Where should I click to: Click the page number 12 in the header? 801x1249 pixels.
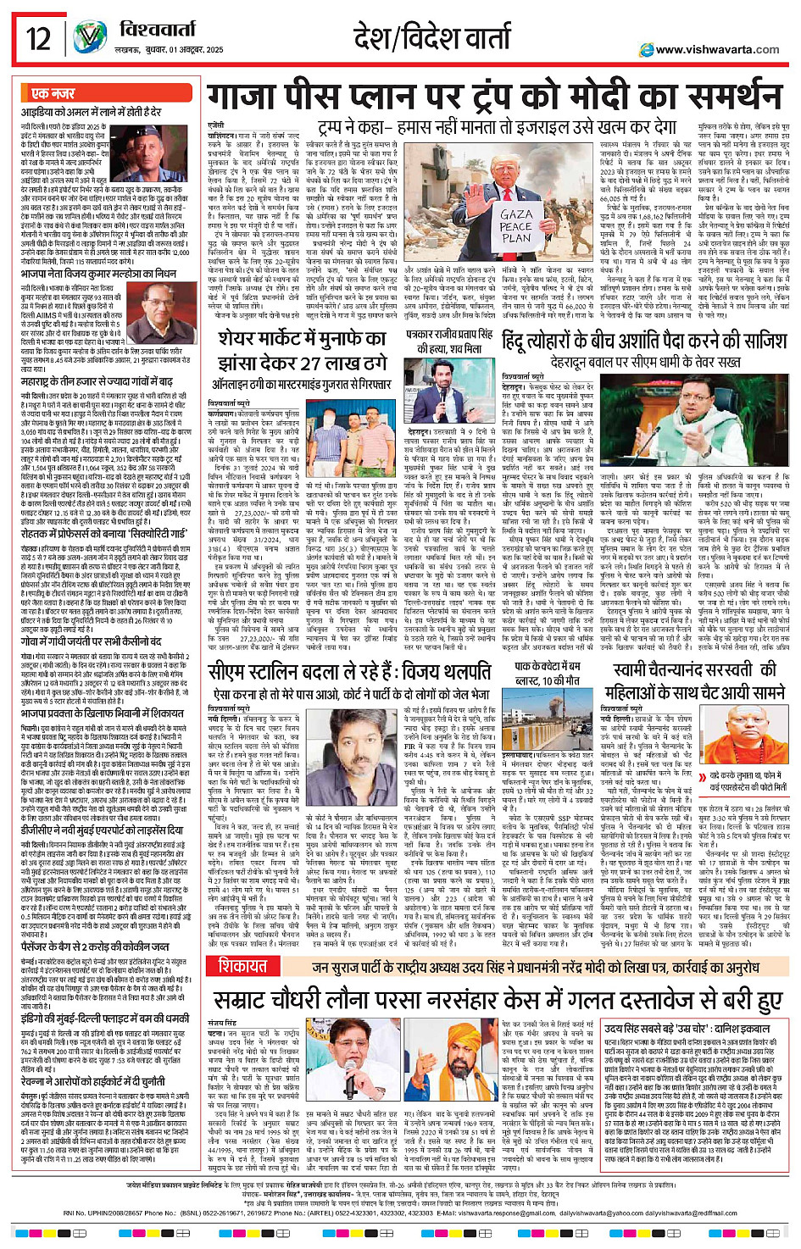pos(38,39)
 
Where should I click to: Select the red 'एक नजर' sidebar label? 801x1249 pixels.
pos(53,93)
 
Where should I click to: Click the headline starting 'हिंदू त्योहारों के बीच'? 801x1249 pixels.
pos(644,341)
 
